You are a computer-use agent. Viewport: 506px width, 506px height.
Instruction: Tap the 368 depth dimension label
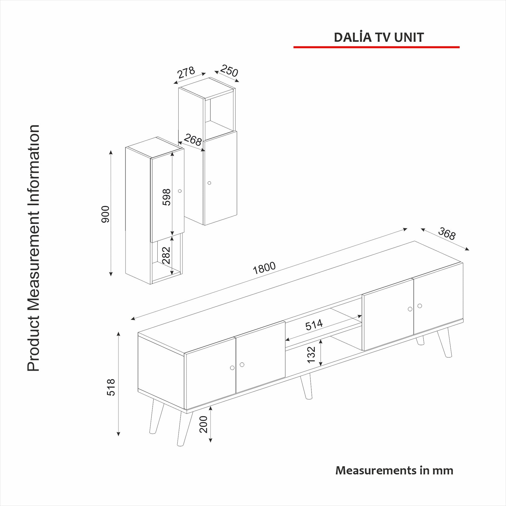[447, 234]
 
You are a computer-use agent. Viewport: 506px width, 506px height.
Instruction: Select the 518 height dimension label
[111, 387]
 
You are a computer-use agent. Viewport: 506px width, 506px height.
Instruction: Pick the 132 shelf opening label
[311, 355]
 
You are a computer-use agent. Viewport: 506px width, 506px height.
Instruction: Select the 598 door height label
[166, 197]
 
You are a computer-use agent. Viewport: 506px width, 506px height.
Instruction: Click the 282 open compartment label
[166, 255]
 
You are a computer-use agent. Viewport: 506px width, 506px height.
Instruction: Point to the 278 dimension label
[186, 72]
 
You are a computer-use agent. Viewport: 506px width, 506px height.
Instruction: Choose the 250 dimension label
[229, 70]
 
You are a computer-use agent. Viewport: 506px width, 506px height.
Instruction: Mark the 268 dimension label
[192, 140]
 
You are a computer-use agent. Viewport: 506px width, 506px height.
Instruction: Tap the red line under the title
[376, 47]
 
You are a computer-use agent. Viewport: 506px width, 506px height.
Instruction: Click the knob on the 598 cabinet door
[180, 191]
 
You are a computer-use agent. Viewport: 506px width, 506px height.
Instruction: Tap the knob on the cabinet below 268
[209, 183]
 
